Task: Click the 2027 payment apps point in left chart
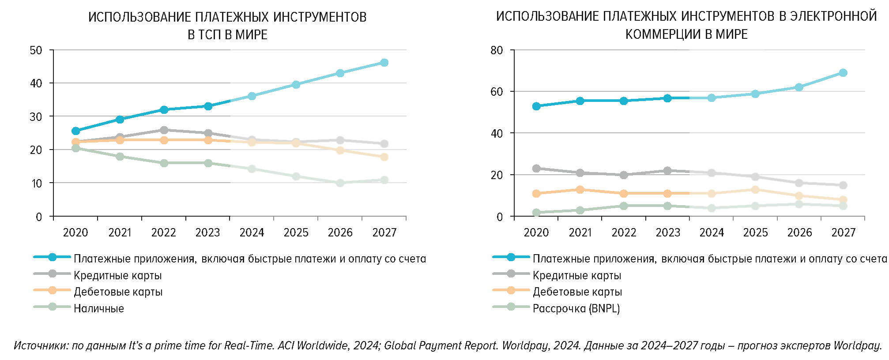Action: [384, 63]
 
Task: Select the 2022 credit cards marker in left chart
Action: [164, 130]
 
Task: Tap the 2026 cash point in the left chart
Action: [340, 183]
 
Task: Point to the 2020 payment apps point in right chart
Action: [536, 106]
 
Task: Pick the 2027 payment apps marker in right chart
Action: [843, 73]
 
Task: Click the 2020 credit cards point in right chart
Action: [536, 169]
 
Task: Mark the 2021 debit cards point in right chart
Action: [580, 190]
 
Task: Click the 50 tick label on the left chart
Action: [36, 50]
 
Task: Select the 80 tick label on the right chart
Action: [497, 50]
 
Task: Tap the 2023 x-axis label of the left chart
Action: [207, 232]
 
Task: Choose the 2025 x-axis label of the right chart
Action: [755, 232]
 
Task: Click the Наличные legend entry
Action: [98, 308]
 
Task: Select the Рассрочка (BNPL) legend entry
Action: [576, 308]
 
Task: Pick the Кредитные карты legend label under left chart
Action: [117, 276]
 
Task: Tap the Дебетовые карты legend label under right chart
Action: [577, 292]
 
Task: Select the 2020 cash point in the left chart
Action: [75, 148]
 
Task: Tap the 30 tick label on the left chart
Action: [36, 117]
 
